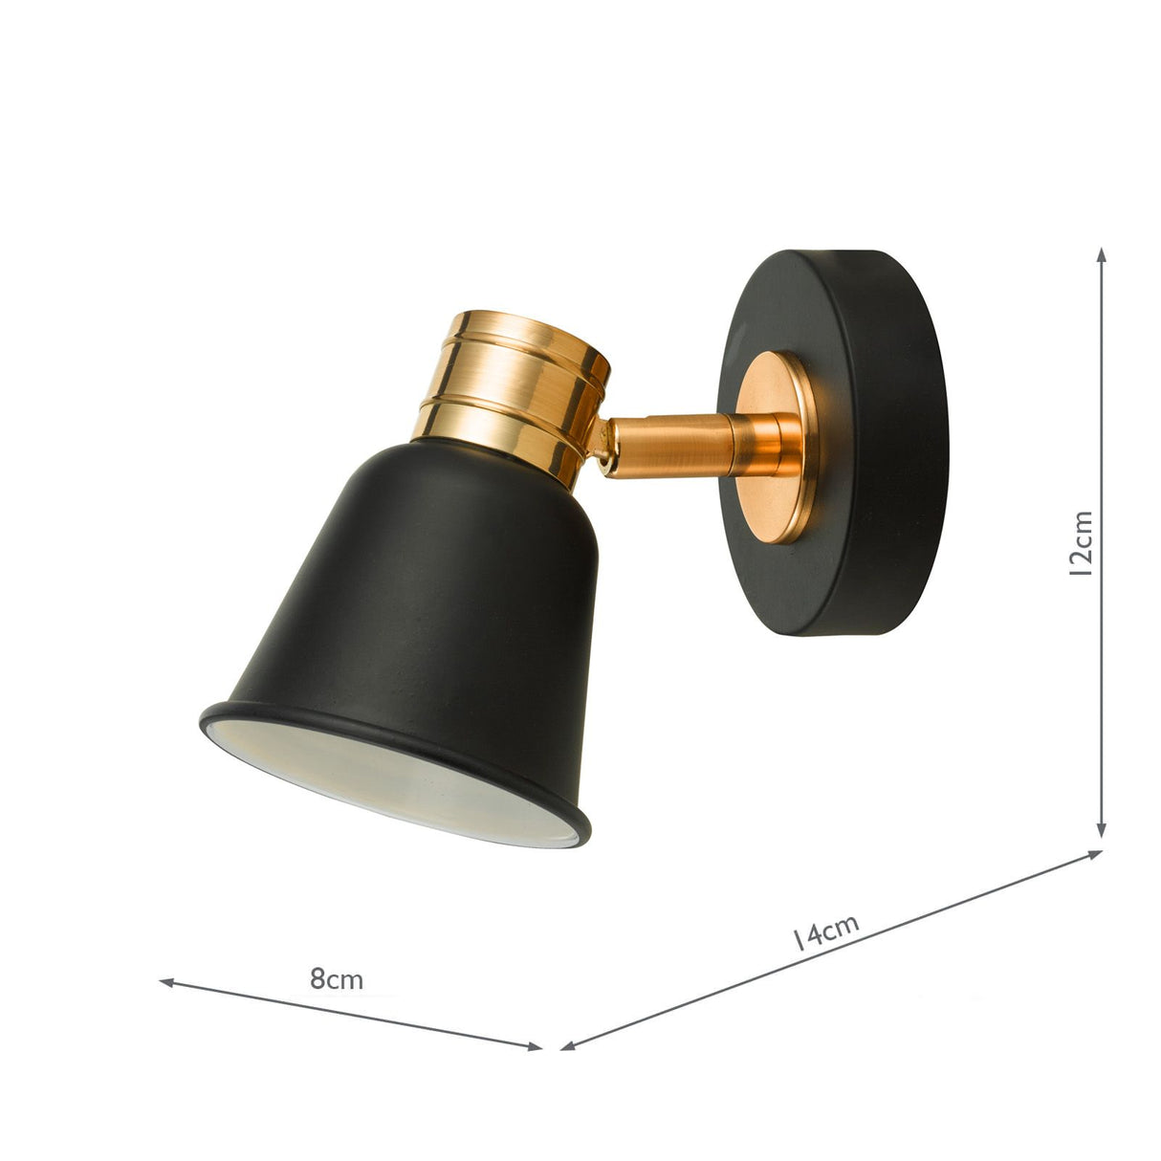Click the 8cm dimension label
(x=337, y=978)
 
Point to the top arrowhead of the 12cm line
(x=1102, y=254)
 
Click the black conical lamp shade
(x=449, y=593)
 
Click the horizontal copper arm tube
(x=669, y=445)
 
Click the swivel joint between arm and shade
(x=602, y=449)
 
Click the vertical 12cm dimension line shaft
(x=1102, y=430)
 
